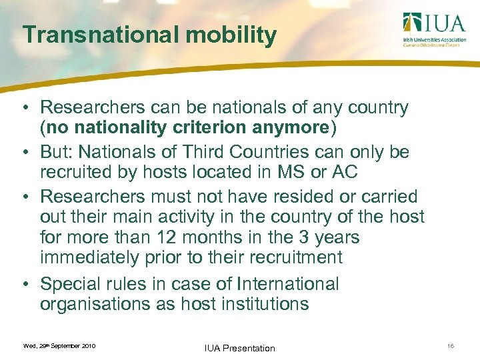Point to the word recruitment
(x=294, y=257)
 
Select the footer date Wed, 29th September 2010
(x=59, y=346)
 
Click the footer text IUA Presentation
(x=241, y=348)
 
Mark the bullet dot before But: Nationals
(x=24, y=153)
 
